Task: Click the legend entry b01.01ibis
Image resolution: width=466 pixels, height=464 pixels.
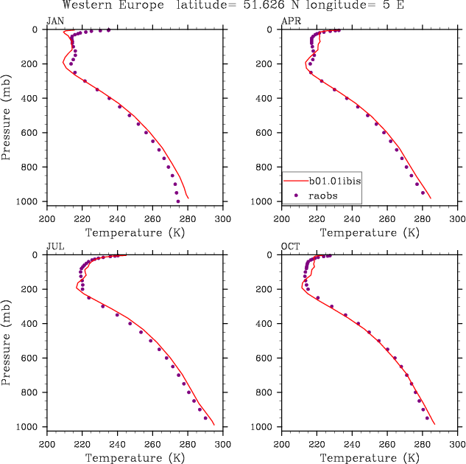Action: coord(334,179)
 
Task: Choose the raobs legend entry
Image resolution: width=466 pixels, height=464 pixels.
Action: coord(324,195)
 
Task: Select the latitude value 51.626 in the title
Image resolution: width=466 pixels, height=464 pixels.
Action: coord(275,6)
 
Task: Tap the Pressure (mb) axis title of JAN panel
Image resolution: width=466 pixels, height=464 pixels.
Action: coord(7,116)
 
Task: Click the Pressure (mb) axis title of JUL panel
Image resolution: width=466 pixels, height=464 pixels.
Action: coord(7,342)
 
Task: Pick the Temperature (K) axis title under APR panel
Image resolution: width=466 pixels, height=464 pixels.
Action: coord(370,232)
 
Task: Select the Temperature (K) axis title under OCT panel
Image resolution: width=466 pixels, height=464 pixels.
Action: coord(370,457)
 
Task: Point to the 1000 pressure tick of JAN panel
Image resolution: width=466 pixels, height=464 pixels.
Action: coord(29,202)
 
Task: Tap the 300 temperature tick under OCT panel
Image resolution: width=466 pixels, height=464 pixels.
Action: coord(457,444)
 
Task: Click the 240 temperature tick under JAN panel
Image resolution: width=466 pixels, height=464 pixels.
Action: coord(117,218)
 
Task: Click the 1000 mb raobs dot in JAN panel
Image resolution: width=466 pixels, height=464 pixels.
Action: coord(177,201)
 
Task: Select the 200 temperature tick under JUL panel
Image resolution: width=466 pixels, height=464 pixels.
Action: coord(47,444)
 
